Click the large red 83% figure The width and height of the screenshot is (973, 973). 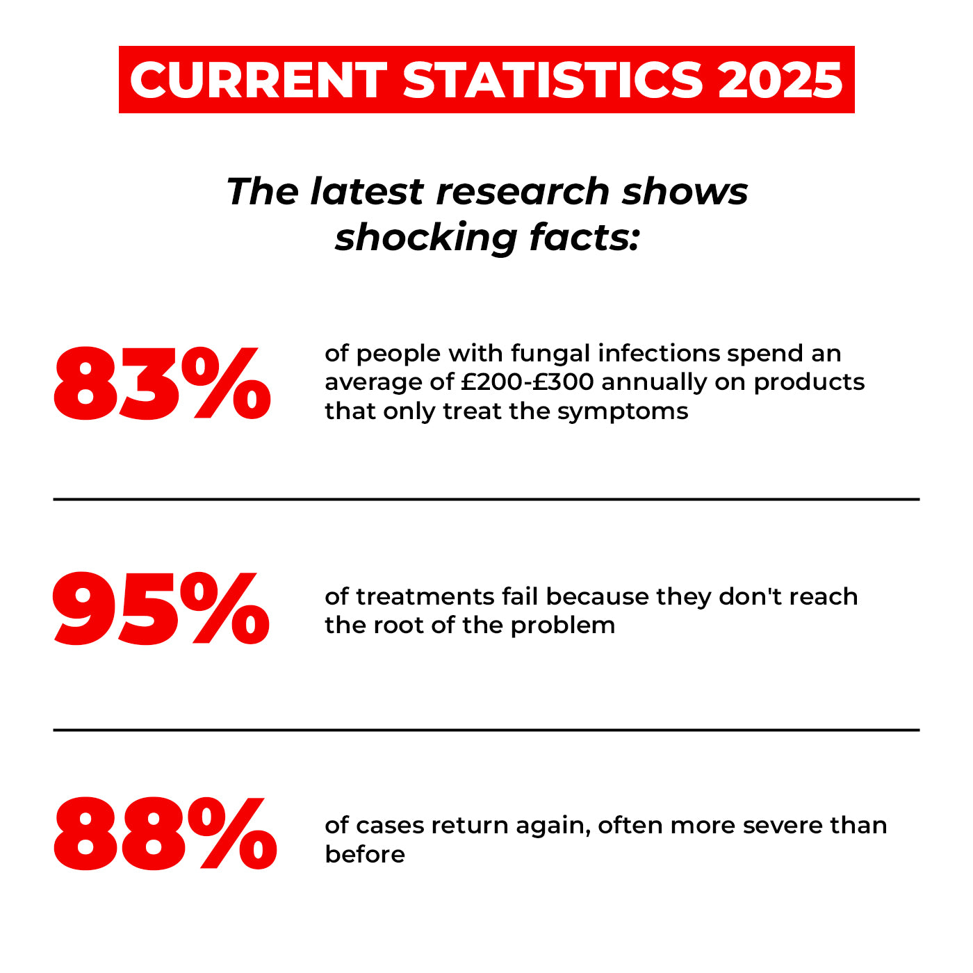click(x=161, y=384)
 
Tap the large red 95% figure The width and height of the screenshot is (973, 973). click(x=161, y=610)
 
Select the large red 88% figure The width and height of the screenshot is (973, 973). click(x=165, y=834)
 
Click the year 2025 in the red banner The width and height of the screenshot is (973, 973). click(x=780, y=80)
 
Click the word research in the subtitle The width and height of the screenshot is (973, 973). click(x=523, y=191)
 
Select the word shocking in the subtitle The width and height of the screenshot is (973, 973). click(x=426, y=237)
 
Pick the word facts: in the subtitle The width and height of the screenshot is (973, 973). click(x=584, y=237)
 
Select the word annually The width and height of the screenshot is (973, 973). click(x=654, y=382)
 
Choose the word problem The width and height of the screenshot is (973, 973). click(x=562, y=625)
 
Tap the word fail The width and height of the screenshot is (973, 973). click(x=520, y=596)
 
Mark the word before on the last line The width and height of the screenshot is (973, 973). click(x=364, y=853)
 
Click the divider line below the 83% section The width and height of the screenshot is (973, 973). click(x=486, y=499)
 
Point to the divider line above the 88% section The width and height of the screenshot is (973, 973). click(x=486, y=730)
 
